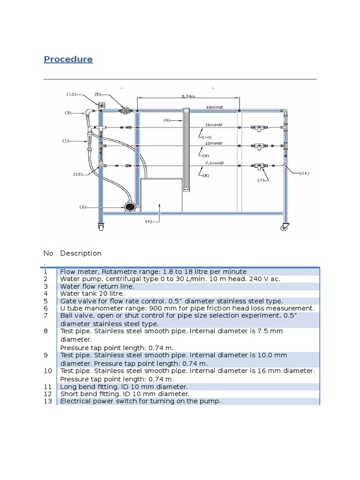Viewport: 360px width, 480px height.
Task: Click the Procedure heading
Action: coord(68,59)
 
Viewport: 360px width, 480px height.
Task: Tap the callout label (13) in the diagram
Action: coord(72,94)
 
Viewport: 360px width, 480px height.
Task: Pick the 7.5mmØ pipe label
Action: coord(214,163)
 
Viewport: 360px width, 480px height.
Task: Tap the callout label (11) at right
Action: coord(305,173)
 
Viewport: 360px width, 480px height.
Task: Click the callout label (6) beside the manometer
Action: coord(166,120)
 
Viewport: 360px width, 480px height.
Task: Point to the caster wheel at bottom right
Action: coord(285,227)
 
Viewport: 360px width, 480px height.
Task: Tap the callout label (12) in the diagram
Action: coord(78,174)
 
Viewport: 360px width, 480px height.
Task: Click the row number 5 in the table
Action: coord(46,301)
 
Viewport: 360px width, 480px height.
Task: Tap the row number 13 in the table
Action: coord(47,401)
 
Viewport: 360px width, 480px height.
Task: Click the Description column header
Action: coord(81,254)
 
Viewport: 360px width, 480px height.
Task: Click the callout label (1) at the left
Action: coord(66,140)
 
